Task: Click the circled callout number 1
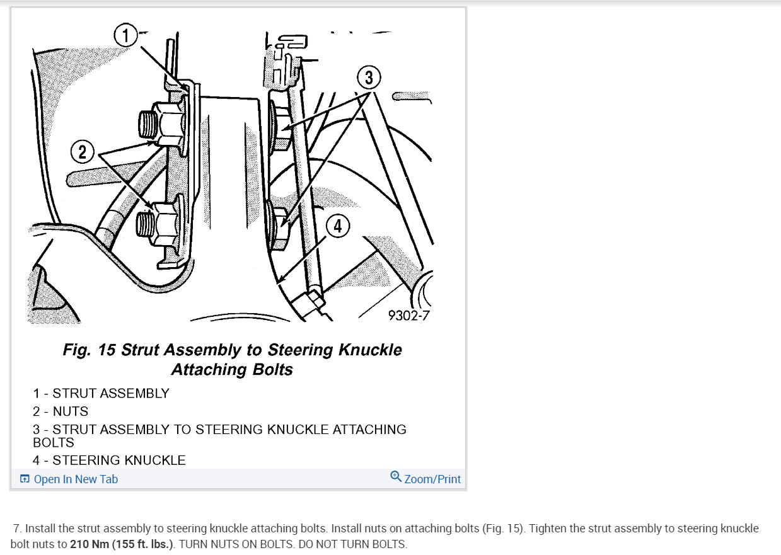pos(125,35)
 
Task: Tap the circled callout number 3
pos(369,78)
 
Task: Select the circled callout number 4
pos(338,226)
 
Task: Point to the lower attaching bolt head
pos(278,224)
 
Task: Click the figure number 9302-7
pos(408,314)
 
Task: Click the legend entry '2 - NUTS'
pos(61,411)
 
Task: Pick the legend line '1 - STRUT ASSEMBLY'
pos(101,393)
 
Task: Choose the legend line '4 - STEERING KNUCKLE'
pos(109,461)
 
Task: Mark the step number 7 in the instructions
pos(16,529)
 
